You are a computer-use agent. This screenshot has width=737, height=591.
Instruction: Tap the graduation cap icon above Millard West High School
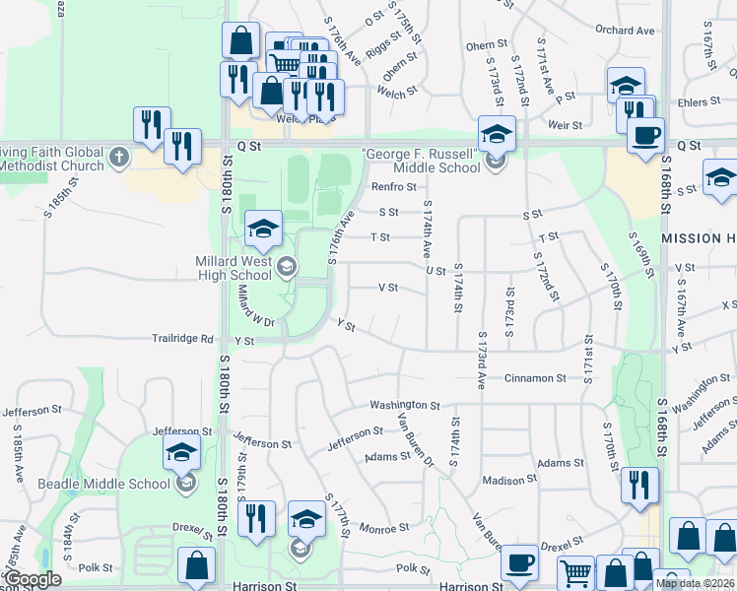pos(263,230)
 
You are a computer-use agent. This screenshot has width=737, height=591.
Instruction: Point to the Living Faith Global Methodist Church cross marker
pos(118,157)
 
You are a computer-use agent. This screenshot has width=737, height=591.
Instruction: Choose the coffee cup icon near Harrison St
pos(519,563)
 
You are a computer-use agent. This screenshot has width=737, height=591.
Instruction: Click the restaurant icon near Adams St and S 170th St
pos(639,484)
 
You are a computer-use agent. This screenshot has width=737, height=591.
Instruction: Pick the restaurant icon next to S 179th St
pos(255,518)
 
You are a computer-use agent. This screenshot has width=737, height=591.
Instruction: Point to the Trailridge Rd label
pos(182,339)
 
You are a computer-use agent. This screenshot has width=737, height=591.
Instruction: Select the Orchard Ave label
pos(625,31)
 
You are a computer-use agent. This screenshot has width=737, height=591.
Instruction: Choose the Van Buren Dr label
pos(416,434)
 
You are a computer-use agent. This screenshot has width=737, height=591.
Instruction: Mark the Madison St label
pos(509,481)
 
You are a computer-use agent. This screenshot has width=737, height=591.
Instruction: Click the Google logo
pos(33,579)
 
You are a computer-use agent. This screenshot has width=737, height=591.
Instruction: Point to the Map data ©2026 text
pos(696,583)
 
